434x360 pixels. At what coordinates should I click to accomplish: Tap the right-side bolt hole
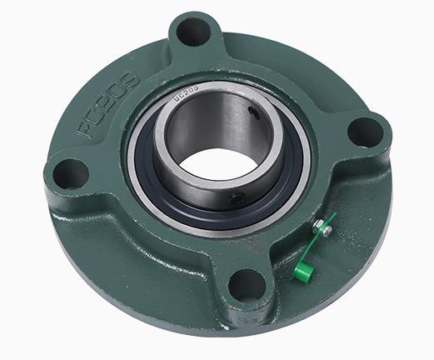coord(364,132)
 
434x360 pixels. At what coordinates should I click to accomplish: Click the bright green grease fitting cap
coord(303,271)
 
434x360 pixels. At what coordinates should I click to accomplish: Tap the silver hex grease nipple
coord(322,227)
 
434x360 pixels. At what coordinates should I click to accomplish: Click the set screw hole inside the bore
coord(254,112)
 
